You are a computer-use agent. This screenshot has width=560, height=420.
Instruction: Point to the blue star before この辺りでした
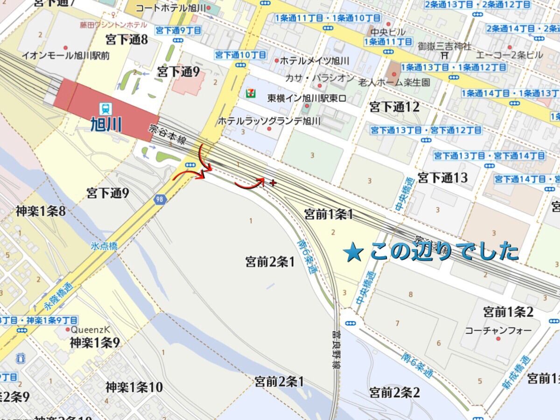click(353, 253)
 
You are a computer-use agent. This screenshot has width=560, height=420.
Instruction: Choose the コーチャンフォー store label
click(498, 330)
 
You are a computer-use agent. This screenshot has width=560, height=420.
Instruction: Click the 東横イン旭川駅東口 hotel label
click(306, 98)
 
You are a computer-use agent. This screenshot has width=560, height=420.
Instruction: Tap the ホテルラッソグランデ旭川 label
click(269, 121)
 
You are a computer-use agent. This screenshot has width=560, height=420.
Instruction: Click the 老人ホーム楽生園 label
click(394, 83)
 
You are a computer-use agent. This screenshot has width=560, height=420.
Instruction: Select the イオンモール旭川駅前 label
click(66, 56)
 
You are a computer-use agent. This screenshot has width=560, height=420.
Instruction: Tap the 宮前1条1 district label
click(329, 214)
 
